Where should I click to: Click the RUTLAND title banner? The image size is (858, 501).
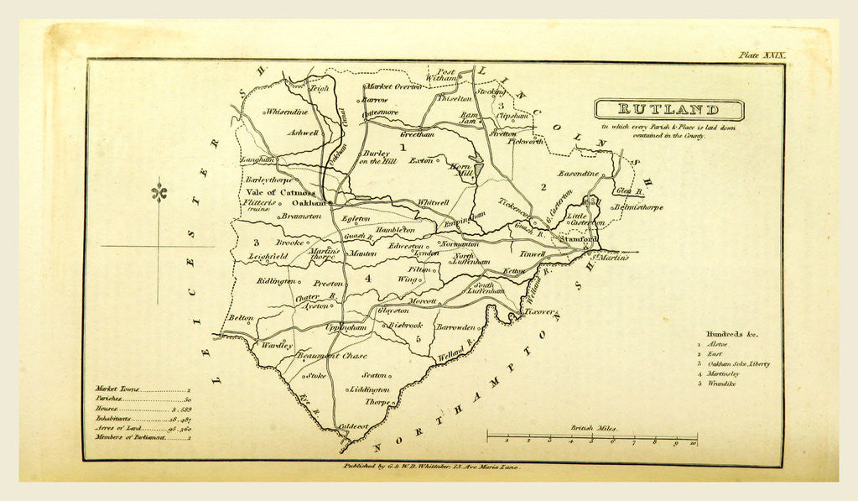(668, 110)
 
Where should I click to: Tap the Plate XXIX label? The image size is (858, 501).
(762, 55)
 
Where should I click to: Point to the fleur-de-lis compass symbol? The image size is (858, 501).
(159, 193)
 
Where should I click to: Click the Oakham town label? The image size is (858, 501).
(307, 203)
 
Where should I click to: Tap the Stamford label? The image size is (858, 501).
(583, 239)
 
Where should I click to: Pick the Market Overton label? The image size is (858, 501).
(392, 86)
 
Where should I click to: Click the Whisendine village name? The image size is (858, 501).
(288, 111)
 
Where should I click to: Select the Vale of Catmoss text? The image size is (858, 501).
(278, 192)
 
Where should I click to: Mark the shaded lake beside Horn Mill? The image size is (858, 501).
(477, 171)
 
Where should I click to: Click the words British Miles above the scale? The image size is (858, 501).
(592, 427)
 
